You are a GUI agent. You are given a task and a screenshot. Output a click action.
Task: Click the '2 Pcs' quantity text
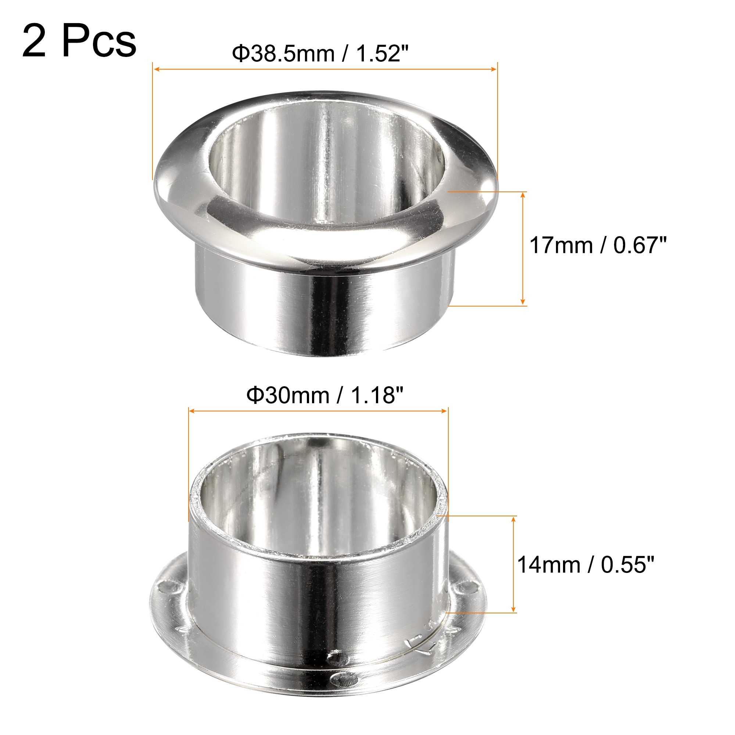79,41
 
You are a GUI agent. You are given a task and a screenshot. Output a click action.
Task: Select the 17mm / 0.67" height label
598,245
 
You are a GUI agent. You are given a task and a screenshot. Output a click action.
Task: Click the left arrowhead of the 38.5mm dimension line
156,69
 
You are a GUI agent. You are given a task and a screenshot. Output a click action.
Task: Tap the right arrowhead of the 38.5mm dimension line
494,69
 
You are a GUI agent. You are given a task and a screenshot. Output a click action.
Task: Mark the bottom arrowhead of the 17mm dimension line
523,301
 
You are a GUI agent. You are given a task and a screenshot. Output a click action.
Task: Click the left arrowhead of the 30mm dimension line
192,411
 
